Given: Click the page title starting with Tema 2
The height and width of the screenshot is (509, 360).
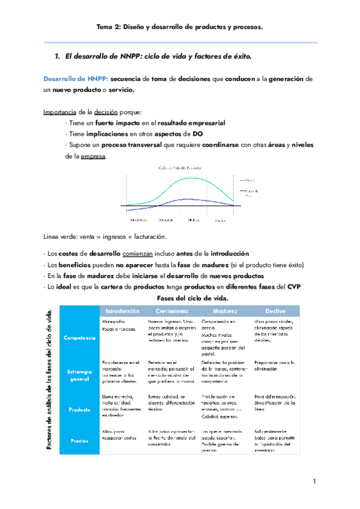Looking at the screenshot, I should pyautogui.click(x=180, y=27).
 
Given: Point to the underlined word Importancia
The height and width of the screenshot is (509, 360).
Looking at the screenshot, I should pyautogui.click(x=61, y=112).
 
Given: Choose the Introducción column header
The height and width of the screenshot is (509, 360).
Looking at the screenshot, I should pyautogui.click(x=122, y=312).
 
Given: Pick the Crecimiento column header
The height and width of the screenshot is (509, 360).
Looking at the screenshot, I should pyautogui.click(x=173, y=312).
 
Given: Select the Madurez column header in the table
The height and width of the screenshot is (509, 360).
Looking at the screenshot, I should pyautogui.click(x=224, y=312).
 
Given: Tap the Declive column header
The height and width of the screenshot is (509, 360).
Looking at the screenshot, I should pyautogui.click(x=273, y=312).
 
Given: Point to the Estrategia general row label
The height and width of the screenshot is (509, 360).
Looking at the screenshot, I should pyautogui.click(x=79, y=375).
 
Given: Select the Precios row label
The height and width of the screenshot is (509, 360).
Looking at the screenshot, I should pyautogui.click(x=79, y=441).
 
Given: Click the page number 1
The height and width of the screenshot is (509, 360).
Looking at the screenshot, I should pyautogui.click(x=314, y=482).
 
